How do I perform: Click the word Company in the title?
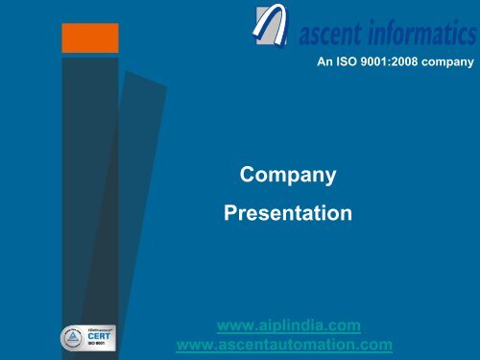click(x=287, y=176)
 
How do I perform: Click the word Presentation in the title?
click(x=287, y=211)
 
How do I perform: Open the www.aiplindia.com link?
click(x=288, y=325)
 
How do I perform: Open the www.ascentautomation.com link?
click(x=286, y=344)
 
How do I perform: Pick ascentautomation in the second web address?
click(x=294, y=344)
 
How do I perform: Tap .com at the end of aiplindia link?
click(x=344, y=325)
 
